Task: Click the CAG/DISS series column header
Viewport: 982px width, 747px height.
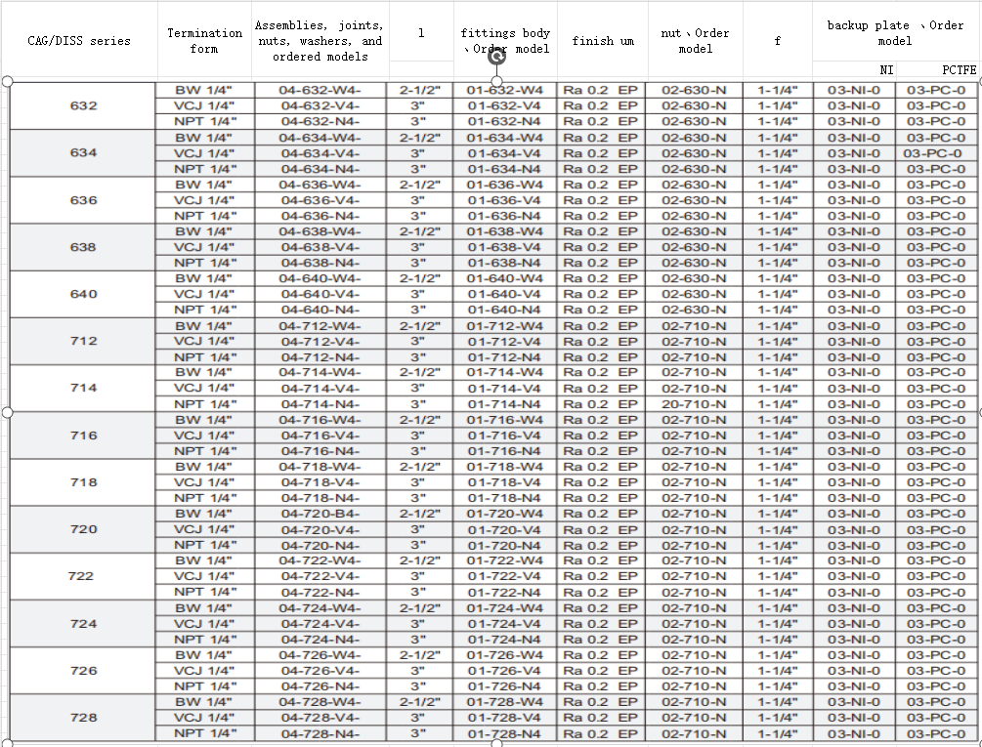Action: pyautogui.click(x=78, y=41)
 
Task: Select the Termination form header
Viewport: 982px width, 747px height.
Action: pyautogui.click(x=204, y=41)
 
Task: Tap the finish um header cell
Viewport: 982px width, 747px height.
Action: pyautogui.click(x=603, y=41)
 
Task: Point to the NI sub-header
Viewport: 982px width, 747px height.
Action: pyautogui.click(x=886, y=69)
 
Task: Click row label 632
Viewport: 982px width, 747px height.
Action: pyautogui.click(x=84, y=105)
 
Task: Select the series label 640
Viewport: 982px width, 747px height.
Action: pyautogui.click(x=84, y=294)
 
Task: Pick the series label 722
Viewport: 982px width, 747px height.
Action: pyautogui.click(x=81, y=576)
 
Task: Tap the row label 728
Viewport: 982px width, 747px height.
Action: pyautogui.click(x=84, y=718)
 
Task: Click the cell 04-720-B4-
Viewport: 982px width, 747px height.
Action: pyautogui.click(x=320, y=514)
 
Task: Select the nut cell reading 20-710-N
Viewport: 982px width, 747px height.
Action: pyautogui.click(x=694, y=404)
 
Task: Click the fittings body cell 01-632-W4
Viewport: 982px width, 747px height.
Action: pyautogui.click(x=505, y=90)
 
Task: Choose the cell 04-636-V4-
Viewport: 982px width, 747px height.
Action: pyautogui.click(x=320, y=200)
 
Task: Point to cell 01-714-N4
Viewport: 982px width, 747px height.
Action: pyautogui.click(x=504, y=404)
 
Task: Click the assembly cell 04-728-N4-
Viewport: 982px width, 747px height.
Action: pyautogui.click(x=320, y=734)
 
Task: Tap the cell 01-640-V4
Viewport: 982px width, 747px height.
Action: pyautogui.click(x=504, y=294)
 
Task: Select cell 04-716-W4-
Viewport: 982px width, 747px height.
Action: pyautogui.click(x=320, y=420)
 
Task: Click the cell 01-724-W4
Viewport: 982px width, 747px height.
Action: pyautogui.click(x=504, y=608)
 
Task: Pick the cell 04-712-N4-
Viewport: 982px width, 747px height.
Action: pyautogui.click(x=320, y=357)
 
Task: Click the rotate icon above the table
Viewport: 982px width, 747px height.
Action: pyautogui.click(x=496, y=57)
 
